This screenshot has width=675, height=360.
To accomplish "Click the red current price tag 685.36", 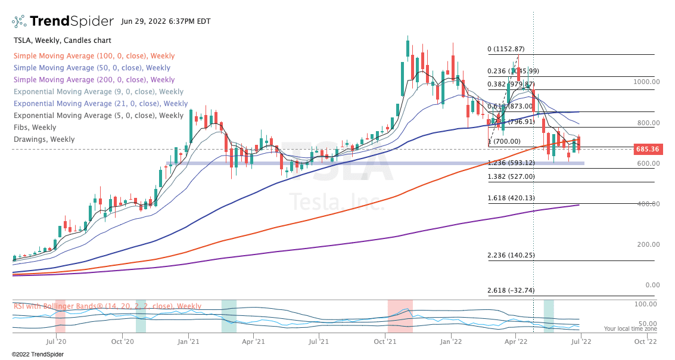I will coord(646,149).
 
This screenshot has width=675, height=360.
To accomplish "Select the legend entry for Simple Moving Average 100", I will coord(94,56).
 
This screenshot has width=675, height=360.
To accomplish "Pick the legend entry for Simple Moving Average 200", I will coord(94,80).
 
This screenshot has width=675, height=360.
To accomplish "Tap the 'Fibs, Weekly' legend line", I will coord(35,128).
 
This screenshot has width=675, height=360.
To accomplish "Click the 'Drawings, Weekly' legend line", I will coord(44,139).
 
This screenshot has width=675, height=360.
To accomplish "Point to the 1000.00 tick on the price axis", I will coord(646,82).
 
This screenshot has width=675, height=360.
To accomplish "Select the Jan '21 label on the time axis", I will coord(188,342).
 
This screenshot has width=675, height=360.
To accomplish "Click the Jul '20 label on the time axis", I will coord(55,342).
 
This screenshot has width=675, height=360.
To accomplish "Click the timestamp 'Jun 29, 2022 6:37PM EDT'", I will coord(165,21).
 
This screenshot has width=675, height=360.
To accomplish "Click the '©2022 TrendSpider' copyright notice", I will coord(38,354).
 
